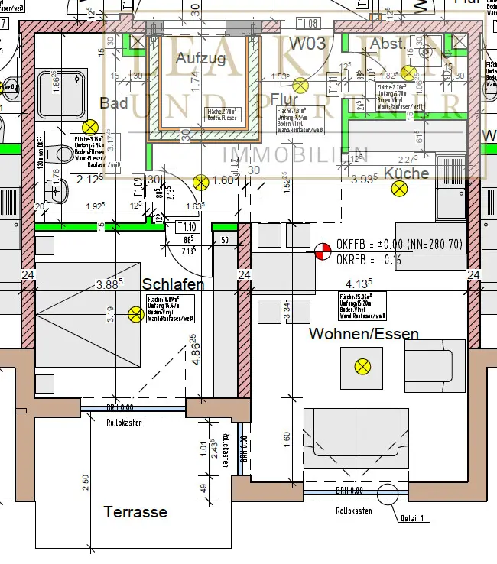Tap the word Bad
click(x=113, y=103)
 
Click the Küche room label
click(x=407, y=173)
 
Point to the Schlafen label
click(x=174, y=284)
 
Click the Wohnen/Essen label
click(x=364, y=334)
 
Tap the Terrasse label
click(x=135, y=512)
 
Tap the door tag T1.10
click(x=187, y=226)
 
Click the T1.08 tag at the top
click(x=307, y=24)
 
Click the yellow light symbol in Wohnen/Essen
click(x=362, y=367)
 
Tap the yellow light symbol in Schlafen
click(x=136, y=313)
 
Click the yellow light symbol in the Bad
click(x=91, y=127)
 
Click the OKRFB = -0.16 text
click(x=369, y=260)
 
